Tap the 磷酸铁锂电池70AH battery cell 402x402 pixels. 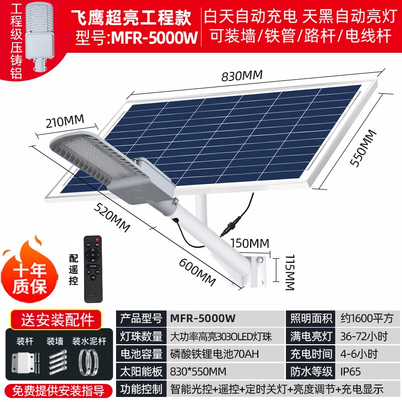tap(215, 354)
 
